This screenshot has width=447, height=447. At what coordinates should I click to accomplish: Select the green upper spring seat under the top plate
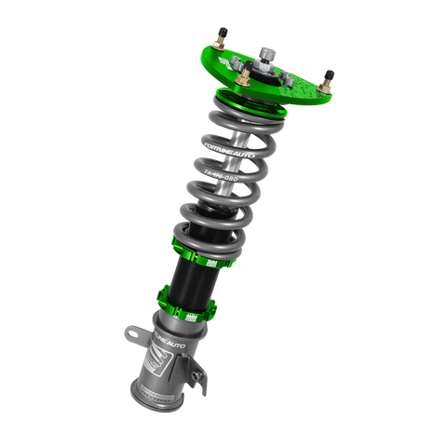pyautogui.click(x=233, y=101)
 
